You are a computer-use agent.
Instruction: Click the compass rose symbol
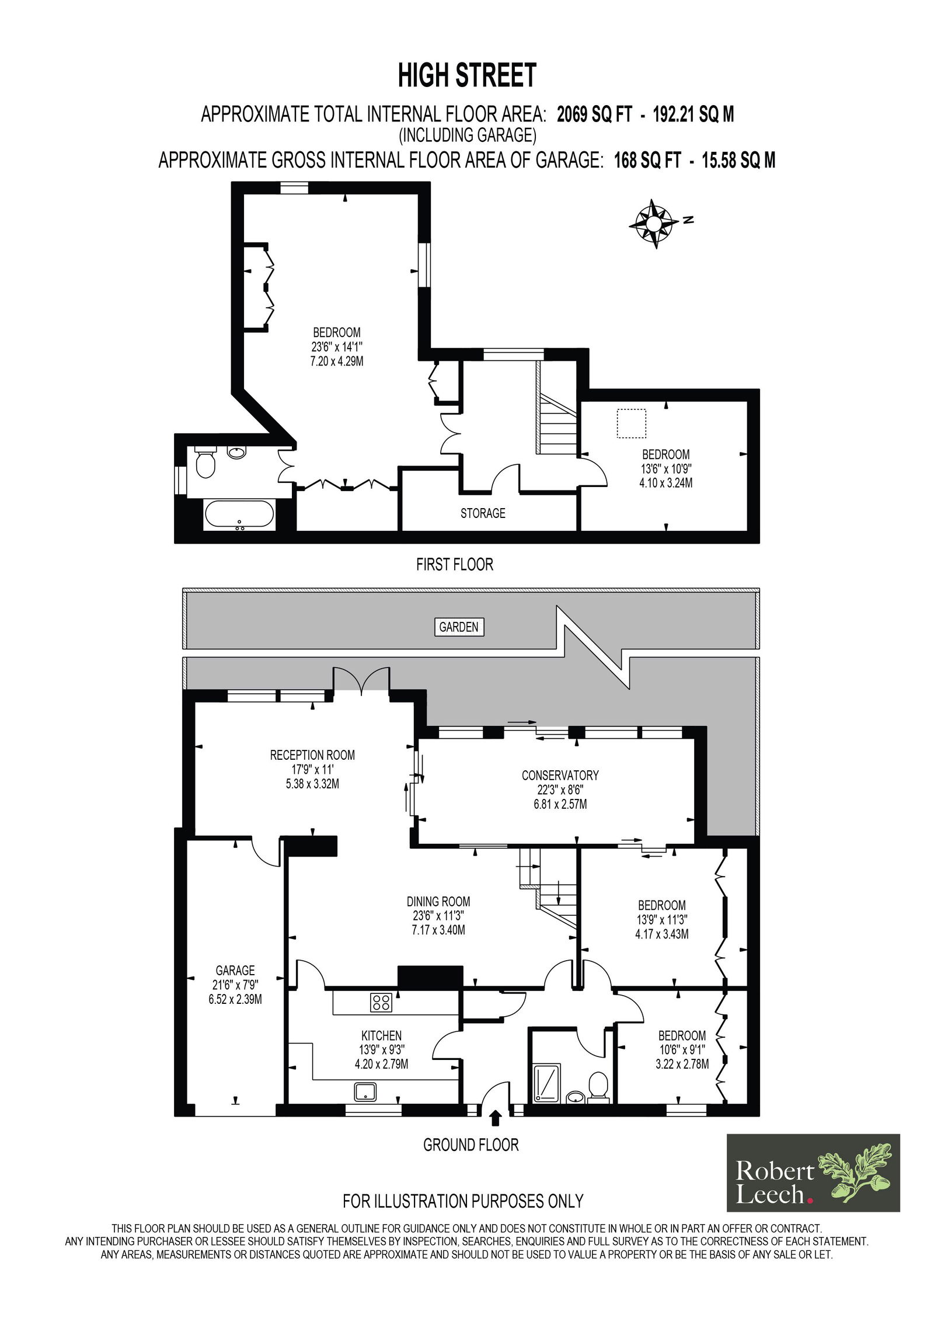coord(654,224)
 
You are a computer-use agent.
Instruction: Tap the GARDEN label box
coord(459,627)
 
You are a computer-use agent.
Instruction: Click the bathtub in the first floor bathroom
coord(239,516)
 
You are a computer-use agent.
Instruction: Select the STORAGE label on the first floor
coord(483,513)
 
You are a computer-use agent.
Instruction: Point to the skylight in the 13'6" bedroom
coord(632,424)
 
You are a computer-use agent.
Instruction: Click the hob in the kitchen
coord(381,1003)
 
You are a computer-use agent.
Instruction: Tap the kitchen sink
coord(365,1090)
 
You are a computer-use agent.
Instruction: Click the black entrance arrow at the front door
coord(496,1117)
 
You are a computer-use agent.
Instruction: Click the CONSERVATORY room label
coord(560,775)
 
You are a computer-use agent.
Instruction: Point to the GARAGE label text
coord(235,970)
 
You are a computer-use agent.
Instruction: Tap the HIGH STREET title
coord(467,75)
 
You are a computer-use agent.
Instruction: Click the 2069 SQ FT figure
coord(594,114)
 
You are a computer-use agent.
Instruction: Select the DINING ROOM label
coord(438,902)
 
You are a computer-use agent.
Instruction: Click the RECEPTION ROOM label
coord(312,755)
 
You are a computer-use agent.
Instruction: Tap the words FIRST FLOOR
coord(455,565)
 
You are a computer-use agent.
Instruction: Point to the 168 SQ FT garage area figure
coord(647,160)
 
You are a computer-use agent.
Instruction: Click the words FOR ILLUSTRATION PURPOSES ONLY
coord(463,1201)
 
